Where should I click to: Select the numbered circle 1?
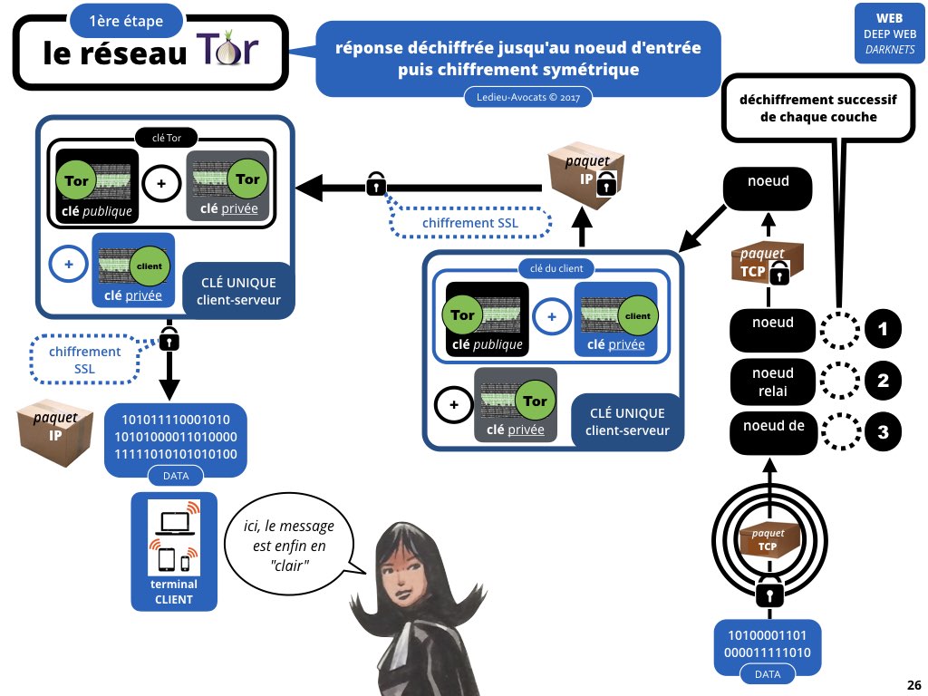883,330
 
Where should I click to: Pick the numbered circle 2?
883,381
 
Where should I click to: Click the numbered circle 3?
883,431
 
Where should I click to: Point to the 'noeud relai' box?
772,382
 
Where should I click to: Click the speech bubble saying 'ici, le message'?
288,541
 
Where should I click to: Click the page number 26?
913,684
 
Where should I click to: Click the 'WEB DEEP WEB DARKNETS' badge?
887,33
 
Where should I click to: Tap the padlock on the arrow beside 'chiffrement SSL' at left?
169,340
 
